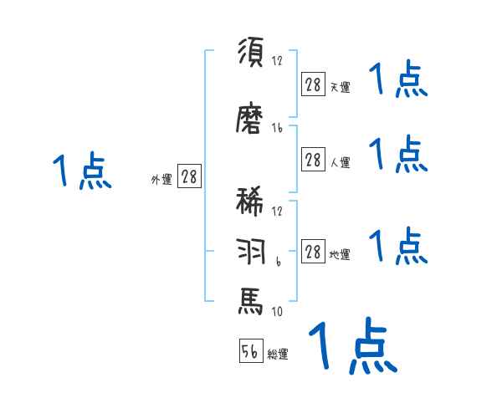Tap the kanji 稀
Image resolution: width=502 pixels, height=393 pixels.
251,206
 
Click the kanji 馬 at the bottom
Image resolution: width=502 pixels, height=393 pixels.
251,300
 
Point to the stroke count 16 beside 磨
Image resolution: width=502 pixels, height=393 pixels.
278,128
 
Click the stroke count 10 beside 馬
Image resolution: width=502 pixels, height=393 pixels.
276,312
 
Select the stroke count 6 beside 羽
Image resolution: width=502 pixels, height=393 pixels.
277,262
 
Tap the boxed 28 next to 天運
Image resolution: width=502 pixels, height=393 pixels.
313,84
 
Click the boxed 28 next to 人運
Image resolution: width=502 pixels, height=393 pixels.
313,161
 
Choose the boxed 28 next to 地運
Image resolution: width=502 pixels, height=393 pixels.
313,253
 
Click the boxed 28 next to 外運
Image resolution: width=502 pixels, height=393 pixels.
189,176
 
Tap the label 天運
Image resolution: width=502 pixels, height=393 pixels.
339,87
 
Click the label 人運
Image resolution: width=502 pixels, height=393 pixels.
339,163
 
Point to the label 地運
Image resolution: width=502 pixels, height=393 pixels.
339,255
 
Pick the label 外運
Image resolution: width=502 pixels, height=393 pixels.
161,179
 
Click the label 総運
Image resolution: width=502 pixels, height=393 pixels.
278,355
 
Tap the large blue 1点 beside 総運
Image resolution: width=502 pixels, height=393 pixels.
352,345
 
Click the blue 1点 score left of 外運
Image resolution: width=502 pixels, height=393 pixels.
81,171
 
